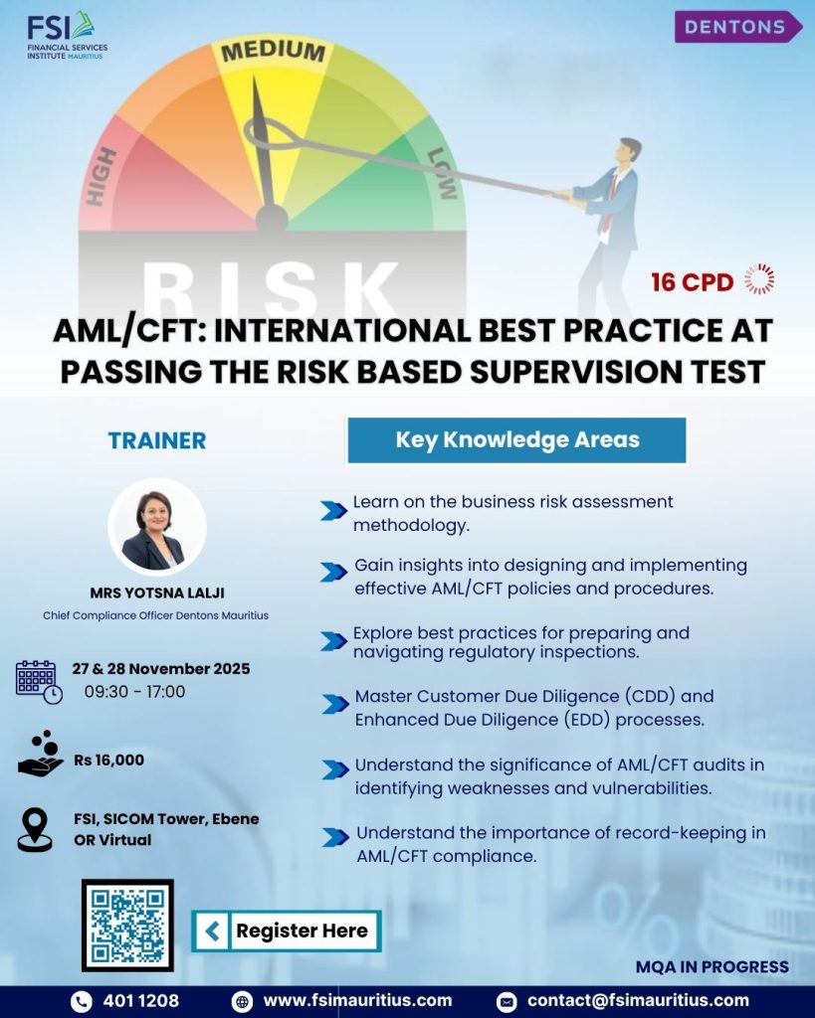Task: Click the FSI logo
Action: click(67, 36)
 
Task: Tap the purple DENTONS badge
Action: click(738, 27)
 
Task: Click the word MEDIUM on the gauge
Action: click(273, 52)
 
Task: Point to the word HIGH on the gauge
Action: click(102, 177)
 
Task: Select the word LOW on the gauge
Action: click(443, 173)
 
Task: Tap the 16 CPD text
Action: click(693, 282)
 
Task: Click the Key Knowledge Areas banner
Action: click(516, 440)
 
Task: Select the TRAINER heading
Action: click(156, 440)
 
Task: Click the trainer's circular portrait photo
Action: click(157, 527)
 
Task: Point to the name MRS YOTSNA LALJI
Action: click(157, 593)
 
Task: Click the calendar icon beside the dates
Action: click(39, 682)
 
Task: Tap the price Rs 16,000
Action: click(109, 760)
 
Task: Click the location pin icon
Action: click(35, 830)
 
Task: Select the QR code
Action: click(127, 926)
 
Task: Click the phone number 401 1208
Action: click(141, 1000)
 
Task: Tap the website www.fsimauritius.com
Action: click(357, 1000)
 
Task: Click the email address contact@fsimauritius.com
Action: click(638, 1000)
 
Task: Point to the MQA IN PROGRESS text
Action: click(713, 966)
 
